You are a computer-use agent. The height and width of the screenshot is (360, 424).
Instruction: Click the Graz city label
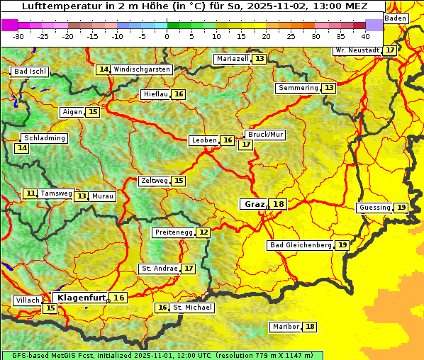[x=254, y=204]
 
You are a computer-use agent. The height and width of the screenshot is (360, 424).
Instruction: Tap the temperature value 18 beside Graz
[x=279, y=204]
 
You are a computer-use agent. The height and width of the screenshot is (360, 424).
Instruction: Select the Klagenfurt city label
[x=82, y=298]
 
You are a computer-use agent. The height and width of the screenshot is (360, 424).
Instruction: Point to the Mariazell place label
[x=232, y=59]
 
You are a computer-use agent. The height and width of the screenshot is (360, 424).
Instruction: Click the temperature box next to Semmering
[x=328, y=88]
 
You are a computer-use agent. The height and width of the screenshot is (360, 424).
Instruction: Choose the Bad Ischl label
[x=30, y=72]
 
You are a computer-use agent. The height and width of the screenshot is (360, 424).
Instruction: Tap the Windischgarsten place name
[x=142, y=69]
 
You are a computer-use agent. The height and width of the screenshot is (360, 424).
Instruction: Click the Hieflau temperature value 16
[x=179, y=94]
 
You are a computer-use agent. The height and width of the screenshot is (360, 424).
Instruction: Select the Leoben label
[x=204, y=140]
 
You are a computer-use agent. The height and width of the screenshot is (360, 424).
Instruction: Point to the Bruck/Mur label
[x=265, y=134]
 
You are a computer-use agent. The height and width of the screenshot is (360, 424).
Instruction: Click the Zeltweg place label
[x=155, y=181]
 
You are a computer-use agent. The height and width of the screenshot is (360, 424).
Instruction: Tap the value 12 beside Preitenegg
[x=203, y=232]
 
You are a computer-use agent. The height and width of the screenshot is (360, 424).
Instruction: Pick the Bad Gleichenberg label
[x=301, y=245]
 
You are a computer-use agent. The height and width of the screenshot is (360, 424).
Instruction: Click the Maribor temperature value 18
[x=310, y=327]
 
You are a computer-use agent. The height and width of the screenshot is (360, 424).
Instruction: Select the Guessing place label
[x=374, y=208]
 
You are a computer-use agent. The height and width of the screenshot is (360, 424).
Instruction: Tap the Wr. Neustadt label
[x=357, y=50]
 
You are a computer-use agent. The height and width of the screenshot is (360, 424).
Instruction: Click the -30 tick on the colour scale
[x=18, y=35]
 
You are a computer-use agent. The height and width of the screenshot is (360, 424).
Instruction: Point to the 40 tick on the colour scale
[x=365, y=35]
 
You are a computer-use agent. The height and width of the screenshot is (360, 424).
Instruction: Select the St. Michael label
[x=193, y=308]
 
